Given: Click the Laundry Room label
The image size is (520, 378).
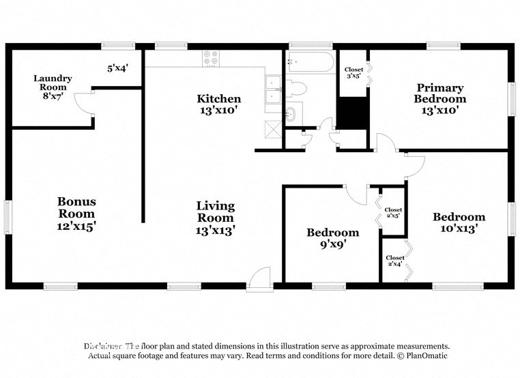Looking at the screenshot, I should [53, 87].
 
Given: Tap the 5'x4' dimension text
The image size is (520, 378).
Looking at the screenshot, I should [118, 68].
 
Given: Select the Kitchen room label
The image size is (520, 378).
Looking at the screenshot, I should [218, 104].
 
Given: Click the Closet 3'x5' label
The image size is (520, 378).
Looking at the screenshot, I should [353, 72].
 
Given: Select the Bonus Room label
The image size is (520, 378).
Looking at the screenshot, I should [76, 213].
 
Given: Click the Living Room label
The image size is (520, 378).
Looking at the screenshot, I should [216, 218].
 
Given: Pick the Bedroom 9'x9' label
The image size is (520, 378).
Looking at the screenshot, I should [332, 238].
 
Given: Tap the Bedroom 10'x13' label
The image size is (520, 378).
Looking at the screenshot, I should [459, 222].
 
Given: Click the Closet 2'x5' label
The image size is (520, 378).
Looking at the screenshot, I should [393, 212].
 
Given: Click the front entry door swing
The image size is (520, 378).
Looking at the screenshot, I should [260, 277].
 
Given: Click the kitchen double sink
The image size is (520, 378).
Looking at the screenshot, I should [274, 89].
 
